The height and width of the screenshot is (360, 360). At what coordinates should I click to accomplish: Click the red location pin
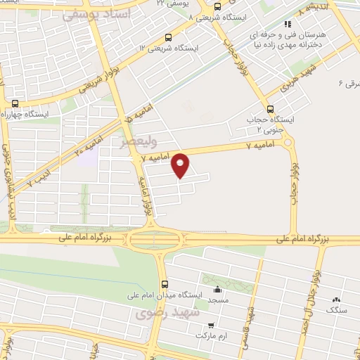click(181, 165)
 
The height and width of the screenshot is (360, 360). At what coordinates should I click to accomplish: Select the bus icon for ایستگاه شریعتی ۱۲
click(168, 37)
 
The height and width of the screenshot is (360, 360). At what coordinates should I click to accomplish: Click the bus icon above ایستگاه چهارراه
click(15, 103)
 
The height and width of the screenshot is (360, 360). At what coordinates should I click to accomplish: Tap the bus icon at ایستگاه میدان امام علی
click(165, 285)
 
